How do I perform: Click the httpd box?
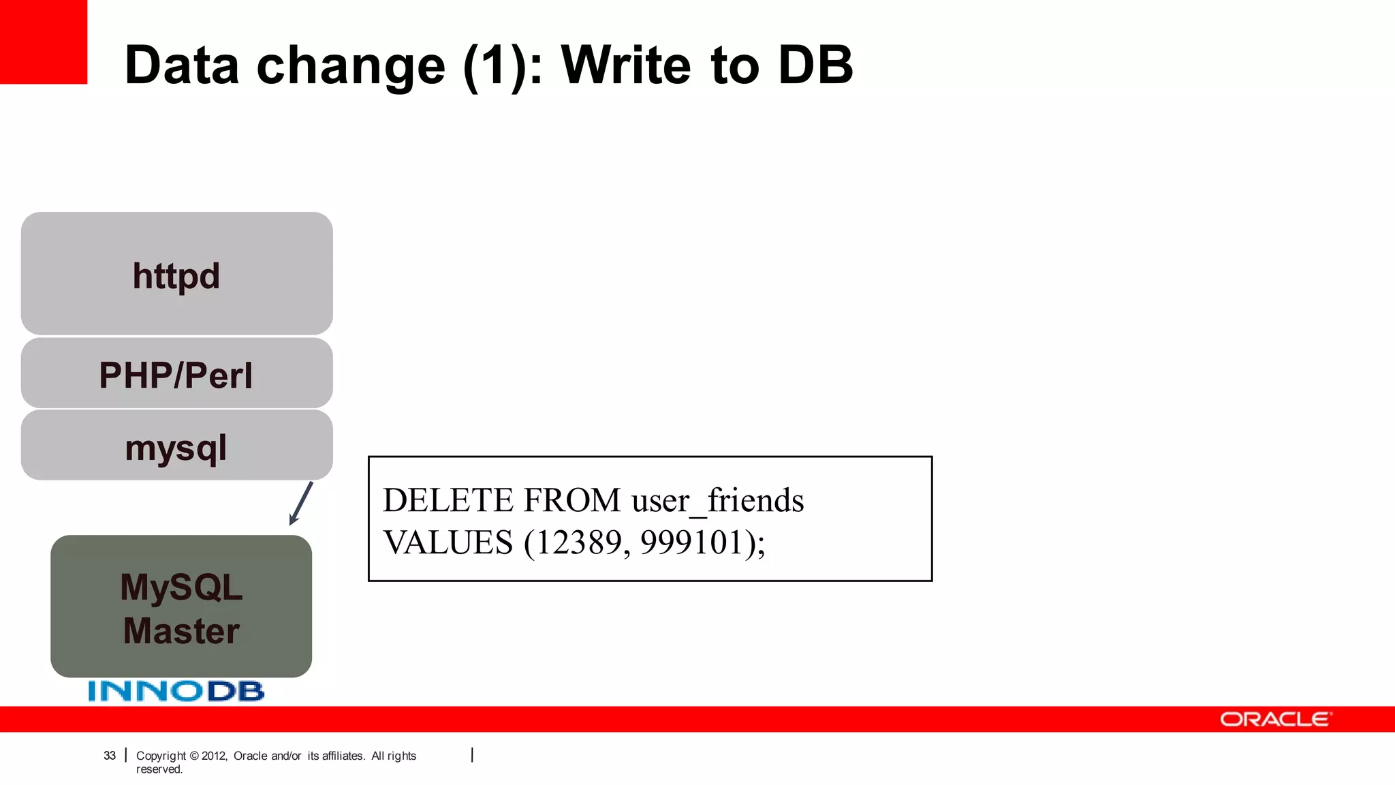pyautogui.click(x=176, y=273)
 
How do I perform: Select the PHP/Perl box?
pyautogui.click(x=176, y=373)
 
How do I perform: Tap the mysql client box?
pyautogui.click(x=176, y=446)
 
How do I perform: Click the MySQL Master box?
pyautogui.click(x=181, y=606)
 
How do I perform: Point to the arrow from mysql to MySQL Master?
pyautogui.click(x=301, y=504)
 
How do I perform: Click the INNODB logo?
pyautogui.click(x=176, y=691)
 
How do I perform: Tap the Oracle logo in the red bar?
pyautogui.click(x=1275, y=720)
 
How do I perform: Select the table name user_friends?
pyautogui.click(x=717, y=500)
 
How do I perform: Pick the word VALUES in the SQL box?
pyautogui.click(x=448, y=542)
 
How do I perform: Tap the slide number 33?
pyautogui.click(x=110, y=755)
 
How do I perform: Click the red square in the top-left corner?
pyautogui.click(x=44, y=42)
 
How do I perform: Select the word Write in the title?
pyautogui.click(x=627, y=65)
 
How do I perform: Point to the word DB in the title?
pyautogui.click(x=815, y=65)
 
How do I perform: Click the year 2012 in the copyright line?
pyautogui.click(x=214, y=756)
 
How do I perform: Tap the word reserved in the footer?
pyautogui.click(x=159, y=769)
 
